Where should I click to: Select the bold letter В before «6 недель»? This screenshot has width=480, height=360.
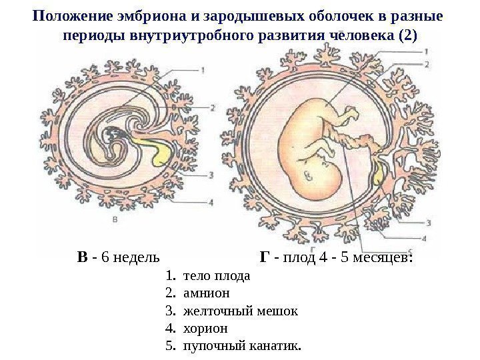(81, 257)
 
